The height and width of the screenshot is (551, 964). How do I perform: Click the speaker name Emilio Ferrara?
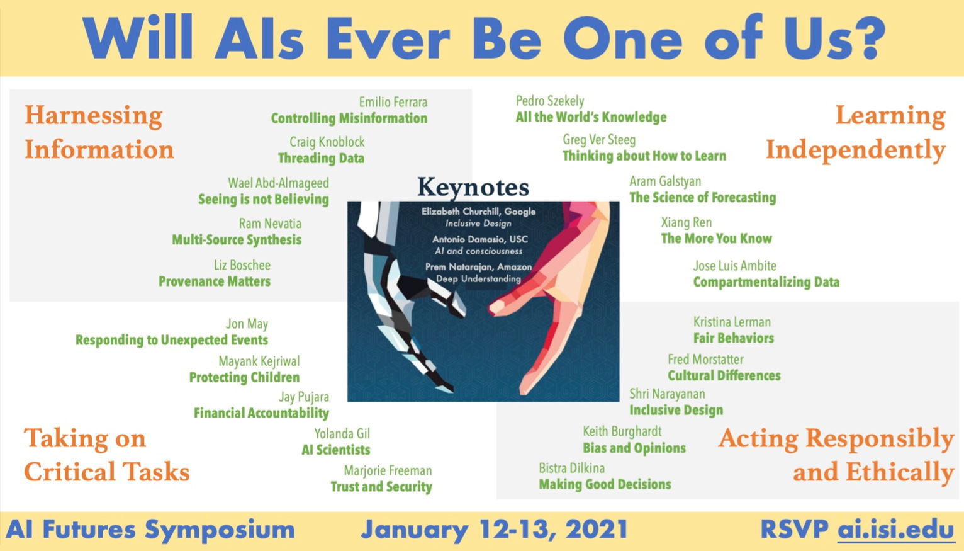tap(393, 102)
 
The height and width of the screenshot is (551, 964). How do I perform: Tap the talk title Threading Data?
tap(321, 158)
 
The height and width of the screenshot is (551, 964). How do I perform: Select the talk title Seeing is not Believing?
tap(263, 200)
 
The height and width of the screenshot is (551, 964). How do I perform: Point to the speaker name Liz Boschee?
tap(242, 265)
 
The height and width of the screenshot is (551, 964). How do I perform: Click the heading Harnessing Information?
tap(99, 132)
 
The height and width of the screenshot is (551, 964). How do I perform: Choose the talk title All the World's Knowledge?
tap(591, 117)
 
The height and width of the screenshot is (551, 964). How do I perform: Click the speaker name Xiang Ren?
tap(686, 222)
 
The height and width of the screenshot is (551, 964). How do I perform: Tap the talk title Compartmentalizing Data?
tap(766, 282)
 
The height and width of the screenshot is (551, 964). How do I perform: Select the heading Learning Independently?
tap(856, 132)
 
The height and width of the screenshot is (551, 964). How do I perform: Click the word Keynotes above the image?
tap(473, 187)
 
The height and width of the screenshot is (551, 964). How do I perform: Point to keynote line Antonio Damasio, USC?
tap(479, 239)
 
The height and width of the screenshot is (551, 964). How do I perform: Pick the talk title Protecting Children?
tap(244, 378)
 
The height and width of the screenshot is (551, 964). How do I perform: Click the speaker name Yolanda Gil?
tap(342, 433)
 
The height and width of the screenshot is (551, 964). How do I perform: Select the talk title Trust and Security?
tap(381, 487)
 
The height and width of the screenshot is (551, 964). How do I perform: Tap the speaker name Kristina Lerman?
tap(731, 322)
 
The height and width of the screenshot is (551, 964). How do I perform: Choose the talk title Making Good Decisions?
tap(605, 484)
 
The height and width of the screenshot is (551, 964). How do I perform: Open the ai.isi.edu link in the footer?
tap(895, 530)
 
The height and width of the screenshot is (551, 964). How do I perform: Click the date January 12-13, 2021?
tap(494, 530)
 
